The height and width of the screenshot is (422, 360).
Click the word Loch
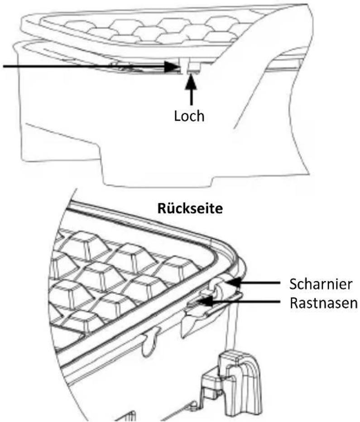(x=189, y=116)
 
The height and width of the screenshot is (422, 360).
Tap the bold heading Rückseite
(x=190, y=209)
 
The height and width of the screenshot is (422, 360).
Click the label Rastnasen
(x=323, y=303)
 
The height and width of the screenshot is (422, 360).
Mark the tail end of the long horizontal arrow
(x=4, y=66)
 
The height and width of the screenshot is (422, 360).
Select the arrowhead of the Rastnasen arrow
(x=206, y=301)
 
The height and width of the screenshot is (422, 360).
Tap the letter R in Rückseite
(x=161, y=209)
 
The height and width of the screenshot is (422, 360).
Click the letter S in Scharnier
(x=293, y=284)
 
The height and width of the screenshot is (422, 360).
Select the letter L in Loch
(x=177, y=116)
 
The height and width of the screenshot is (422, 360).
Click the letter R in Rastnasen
(x=293, y=303)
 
